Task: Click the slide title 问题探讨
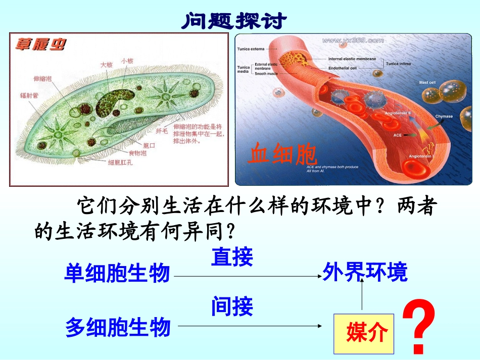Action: point(233,21)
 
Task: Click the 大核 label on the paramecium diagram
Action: point(107,65)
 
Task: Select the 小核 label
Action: point(127,61)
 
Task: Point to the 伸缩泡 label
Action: point(42,79)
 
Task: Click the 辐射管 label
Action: point(29,95)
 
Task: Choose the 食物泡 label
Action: point(137,153)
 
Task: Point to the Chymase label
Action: point(444,116)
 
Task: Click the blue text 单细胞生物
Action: point(117,274)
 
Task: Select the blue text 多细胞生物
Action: point(118,328)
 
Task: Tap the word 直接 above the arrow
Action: point(232,257)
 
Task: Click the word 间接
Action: point(232,306)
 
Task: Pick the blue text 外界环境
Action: point(365,273)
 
